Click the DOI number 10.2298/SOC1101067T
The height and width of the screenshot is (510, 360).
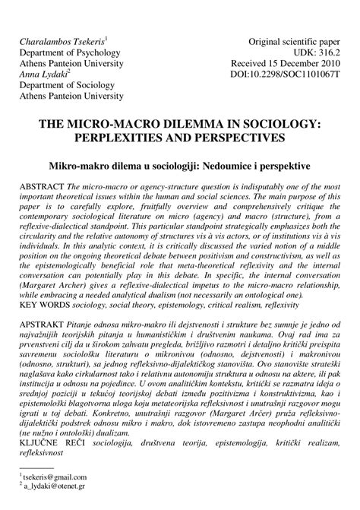tap(297, 76)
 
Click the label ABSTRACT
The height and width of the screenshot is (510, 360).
tap(42, 186)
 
